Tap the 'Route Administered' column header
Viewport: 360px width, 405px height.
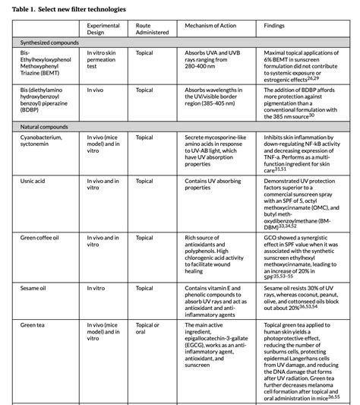pyautogui.click(x=151, y=30)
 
